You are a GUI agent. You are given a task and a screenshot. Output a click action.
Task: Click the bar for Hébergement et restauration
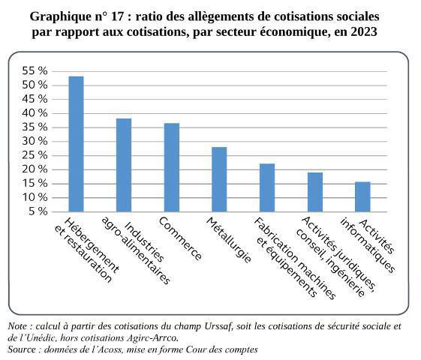click(x=76, y=143)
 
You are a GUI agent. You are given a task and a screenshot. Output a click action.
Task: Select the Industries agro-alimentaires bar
click(x=124, y=164)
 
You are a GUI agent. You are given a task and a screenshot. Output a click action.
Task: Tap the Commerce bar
click(x=172, y=166)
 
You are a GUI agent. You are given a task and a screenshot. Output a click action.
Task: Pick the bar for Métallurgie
click(x=219, y=178)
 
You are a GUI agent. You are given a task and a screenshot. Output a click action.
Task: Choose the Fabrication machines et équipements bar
click(x=267, y=187)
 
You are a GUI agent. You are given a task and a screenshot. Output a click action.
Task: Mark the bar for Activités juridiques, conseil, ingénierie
click(x=315, y=191)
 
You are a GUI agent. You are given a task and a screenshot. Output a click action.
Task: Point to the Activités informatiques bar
click(x=362, y=196)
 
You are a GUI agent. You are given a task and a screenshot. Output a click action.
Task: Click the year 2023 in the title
click(x=361, y=32)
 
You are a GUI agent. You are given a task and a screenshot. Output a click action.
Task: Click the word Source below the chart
click(x=22, y=349)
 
